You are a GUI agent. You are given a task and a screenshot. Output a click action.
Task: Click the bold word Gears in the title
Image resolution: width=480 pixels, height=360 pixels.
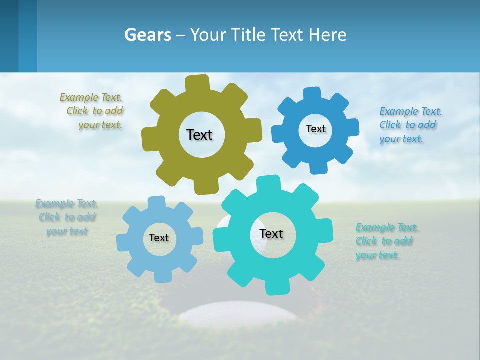point(147,35)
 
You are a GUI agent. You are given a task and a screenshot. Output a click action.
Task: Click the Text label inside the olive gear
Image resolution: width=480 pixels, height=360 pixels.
point(199,135)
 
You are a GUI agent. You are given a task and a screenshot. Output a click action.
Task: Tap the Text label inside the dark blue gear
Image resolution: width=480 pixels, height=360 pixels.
point(315,129)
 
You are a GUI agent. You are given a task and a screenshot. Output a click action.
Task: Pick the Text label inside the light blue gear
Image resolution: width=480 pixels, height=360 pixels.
point(159,238)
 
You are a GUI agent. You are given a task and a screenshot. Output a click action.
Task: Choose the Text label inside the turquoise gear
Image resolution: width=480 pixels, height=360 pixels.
point(271,233)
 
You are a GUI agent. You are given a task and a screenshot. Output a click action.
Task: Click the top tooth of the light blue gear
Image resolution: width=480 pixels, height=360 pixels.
point(157,202)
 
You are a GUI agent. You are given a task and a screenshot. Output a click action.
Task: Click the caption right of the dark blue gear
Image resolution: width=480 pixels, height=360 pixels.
point(409,125)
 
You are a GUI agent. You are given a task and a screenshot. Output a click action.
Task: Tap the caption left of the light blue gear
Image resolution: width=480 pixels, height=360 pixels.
point(67,217)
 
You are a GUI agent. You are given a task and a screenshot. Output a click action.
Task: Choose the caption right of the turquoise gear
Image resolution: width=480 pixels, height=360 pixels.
point(385,241)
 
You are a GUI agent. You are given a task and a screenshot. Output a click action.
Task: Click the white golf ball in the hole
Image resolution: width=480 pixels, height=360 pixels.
point(239,312)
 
